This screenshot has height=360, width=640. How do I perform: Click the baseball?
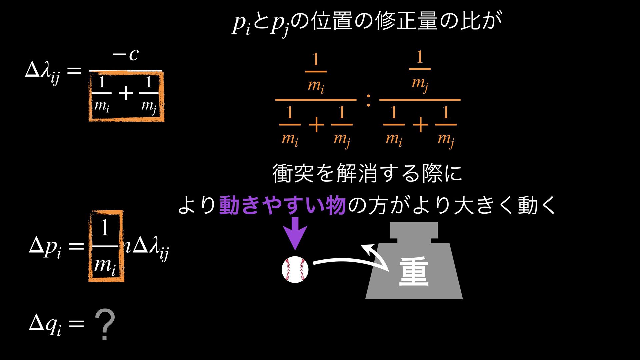point(295,270)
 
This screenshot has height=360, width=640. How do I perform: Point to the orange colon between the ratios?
point(368,100)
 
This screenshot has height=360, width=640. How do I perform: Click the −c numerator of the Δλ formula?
point(126,55)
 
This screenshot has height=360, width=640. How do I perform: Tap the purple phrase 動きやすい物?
point(282,205)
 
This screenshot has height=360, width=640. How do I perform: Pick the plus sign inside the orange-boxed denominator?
point(126,94)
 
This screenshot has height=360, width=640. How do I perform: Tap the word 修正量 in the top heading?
point(406,21)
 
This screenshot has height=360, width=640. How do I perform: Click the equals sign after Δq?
point(75,323)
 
